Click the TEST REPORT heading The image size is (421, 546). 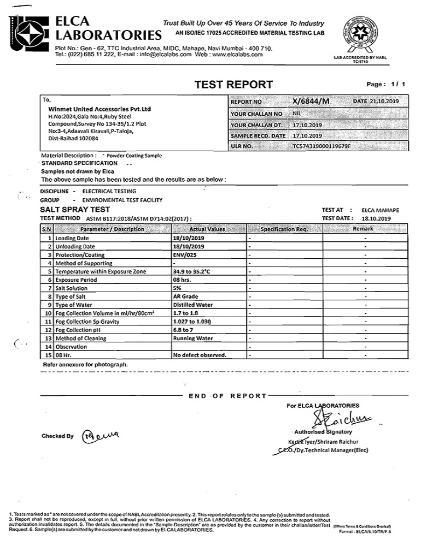pyautogui.click(x=233, y=85)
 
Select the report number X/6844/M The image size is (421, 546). pyautogui.click(x=312, y=102)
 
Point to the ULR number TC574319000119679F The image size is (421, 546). pyautogui.click(x=321, y=147)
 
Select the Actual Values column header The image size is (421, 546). pyautogui.click(x=207, y=229)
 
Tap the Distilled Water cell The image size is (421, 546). pyautogui.click(x=192, y=305)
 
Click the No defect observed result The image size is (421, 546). pyautogui.click(x=199, y=355)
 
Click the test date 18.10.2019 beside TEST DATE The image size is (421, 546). pyautogui.click(x=377, y=218)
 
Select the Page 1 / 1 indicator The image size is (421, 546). pyautogui.click(x=386, y=85)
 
